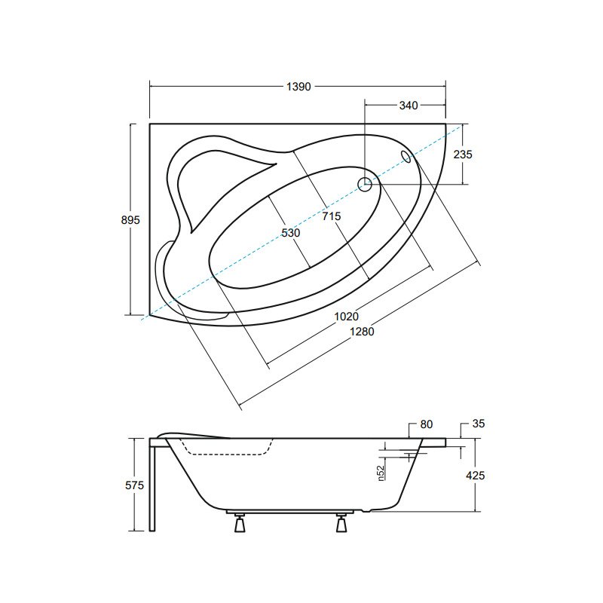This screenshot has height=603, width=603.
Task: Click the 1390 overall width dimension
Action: pos(298,87)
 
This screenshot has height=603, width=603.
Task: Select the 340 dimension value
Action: pos(408,106)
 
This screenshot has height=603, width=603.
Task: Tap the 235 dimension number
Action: pos(463,155)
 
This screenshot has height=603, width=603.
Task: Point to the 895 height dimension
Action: pos(130,220)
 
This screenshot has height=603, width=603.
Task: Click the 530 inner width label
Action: pos(291,233)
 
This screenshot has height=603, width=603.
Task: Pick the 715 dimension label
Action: pos(332,217)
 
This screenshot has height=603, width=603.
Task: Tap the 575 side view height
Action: pos(133,486)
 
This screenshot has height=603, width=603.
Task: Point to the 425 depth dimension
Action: pos(476,476)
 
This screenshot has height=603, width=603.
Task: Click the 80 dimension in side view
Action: pos(427,425)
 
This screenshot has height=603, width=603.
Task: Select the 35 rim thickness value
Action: pos(478,424)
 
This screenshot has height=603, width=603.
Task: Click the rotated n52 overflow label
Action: pos(382,473)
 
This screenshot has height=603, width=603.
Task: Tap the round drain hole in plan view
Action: pos(365,183)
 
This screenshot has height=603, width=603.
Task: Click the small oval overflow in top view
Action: pos(407,156)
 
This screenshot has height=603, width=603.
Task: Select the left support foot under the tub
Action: pos(240,522)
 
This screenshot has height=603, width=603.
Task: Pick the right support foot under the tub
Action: pos(341,522)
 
